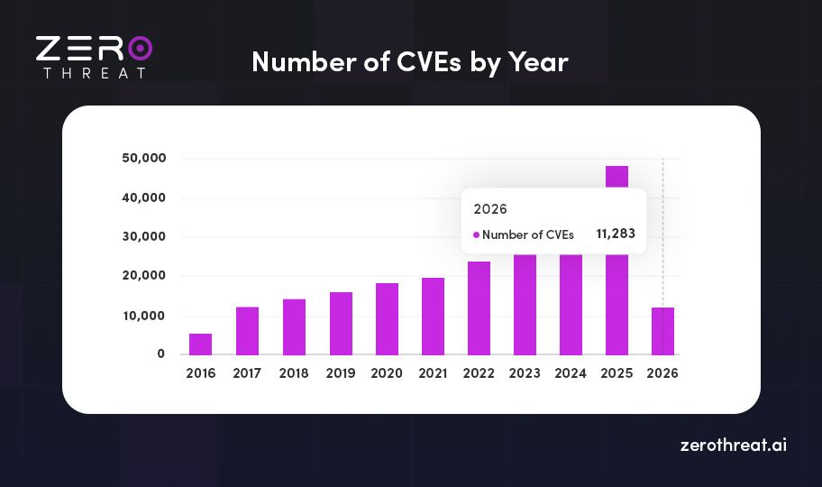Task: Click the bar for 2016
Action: tap(200, 344)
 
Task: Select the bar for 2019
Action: tap(340, 323)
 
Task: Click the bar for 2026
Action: tap(663, 331)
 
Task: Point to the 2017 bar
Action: tap(247, 330)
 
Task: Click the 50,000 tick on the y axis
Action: tap(143, 159)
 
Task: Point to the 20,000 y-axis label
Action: tap(143, 276)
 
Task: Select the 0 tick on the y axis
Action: tap(160, 354)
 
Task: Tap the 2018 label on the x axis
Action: tap(294, 372)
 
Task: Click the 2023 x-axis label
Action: tap(525, 372)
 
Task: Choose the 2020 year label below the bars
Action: tap(387, 372)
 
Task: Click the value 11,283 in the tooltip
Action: tap(616, 234)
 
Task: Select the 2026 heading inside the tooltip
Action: tap(490, 208)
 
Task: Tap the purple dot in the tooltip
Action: tap(476, 234)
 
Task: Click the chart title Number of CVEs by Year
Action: tap(410, 61)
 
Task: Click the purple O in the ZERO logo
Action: tap(140, 48)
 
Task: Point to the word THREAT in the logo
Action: tap(94, 72)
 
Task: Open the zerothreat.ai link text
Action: tap(733, 446)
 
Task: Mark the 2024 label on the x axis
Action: tap(571, 372)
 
